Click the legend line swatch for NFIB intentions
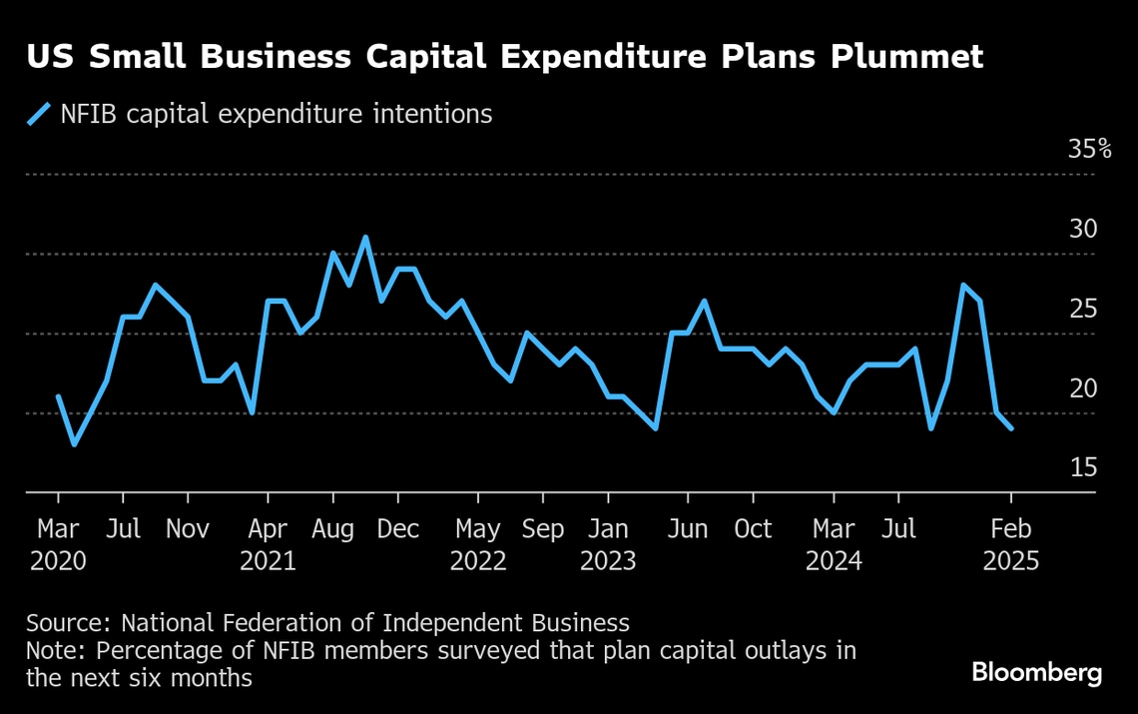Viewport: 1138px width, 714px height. click(39, 114)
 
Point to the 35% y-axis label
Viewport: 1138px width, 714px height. click(1089, 150)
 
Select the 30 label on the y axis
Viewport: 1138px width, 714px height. click(1083, 230)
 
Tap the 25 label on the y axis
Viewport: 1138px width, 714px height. click(1083, 310)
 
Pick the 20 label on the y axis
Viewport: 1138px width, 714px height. click(1083, 388)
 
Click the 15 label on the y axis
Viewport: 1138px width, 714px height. click(1083, 468)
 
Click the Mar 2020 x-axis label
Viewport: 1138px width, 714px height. click(58, 544)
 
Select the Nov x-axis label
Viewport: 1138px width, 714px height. click(188, 529)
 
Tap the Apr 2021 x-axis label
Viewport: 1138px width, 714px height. click(268, 544)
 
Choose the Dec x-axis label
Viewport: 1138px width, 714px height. click(398, 529)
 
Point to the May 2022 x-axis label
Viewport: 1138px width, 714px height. click(478, 544)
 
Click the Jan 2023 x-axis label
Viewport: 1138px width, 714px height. click(608, 544)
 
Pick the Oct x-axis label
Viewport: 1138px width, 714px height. click(753, 529)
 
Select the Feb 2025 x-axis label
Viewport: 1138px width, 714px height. click(1010, 544)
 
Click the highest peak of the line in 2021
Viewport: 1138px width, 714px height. click(365, 238)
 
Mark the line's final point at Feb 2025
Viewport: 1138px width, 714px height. click(1011, 428)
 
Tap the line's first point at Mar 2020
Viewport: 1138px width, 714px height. click(58, 396)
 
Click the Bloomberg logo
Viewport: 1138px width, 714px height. click(1037, 673)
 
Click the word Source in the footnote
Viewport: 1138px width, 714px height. click(67, 623)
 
